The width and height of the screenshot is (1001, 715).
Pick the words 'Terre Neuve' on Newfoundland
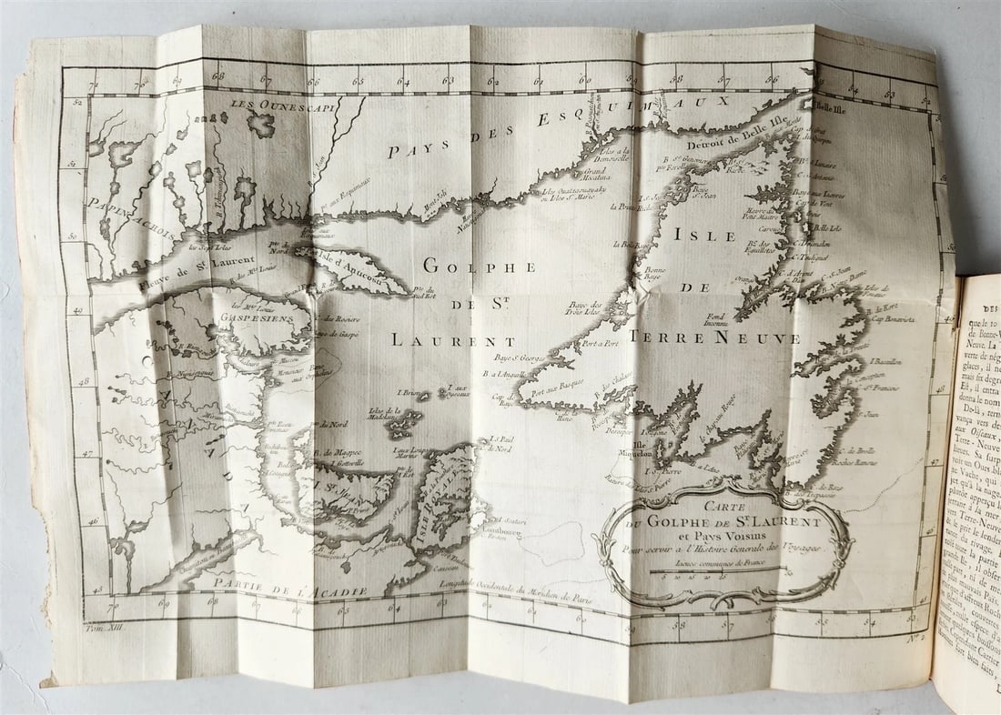pos(718,338)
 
